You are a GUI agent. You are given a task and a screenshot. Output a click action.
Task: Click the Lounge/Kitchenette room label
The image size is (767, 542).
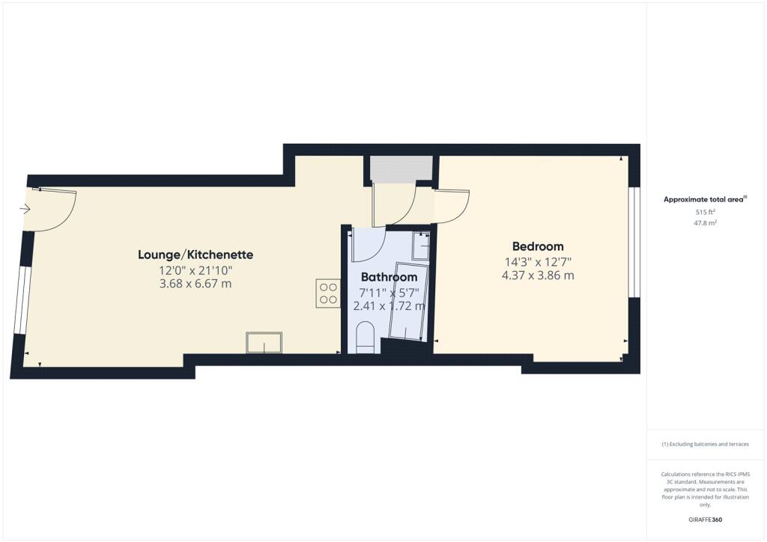(195, 255)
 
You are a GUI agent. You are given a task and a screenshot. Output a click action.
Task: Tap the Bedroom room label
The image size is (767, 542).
(538, 246)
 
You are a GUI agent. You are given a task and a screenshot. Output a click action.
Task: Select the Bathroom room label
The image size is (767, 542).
(389, 277)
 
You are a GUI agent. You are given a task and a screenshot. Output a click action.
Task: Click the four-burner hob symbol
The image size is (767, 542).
(328, 293)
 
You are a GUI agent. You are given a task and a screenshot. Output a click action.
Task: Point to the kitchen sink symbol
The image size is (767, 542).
(264, 343)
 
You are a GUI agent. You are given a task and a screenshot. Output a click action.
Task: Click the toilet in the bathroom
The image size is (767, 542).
(365, 337)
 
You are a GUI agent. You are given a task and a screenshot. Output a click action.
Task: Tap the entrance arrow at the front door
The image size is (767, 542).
(25, 210)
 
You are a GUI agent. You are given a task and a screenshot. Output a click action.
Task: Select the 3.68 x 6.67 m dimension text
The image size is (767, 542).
(195, 283)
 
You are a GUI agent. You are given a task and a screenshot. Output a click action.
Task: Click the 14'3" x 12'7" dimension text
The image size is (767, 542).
(538, 261)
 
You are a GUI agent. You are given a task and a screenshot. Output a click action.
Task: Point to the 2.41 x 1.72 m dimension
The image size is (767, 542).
(389, 305)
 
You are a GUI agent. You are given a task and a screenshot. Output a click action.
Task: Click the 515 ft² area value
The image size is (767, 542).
(706, 213)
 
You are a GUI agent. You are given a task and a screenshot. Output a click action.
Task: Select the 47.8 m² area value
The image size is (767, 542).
(706, 223)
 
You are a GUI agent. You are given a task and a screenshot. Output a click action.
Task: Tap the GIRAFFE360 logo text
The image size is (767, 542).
(706, 520)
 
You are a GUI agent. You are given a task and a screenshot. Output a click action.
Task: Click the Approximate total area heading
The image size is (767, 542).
(704, 199)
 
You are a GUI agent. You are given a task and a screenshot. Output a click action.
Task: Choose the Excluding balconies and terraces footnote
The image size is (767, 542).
(706, 444)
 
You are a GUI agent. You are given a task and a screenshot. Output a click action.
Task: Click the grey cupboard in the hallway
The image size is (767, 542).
(401, 168)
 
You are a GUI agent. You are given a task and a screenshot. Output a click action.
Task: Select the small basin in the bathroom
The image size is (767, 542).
(420, 246)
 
